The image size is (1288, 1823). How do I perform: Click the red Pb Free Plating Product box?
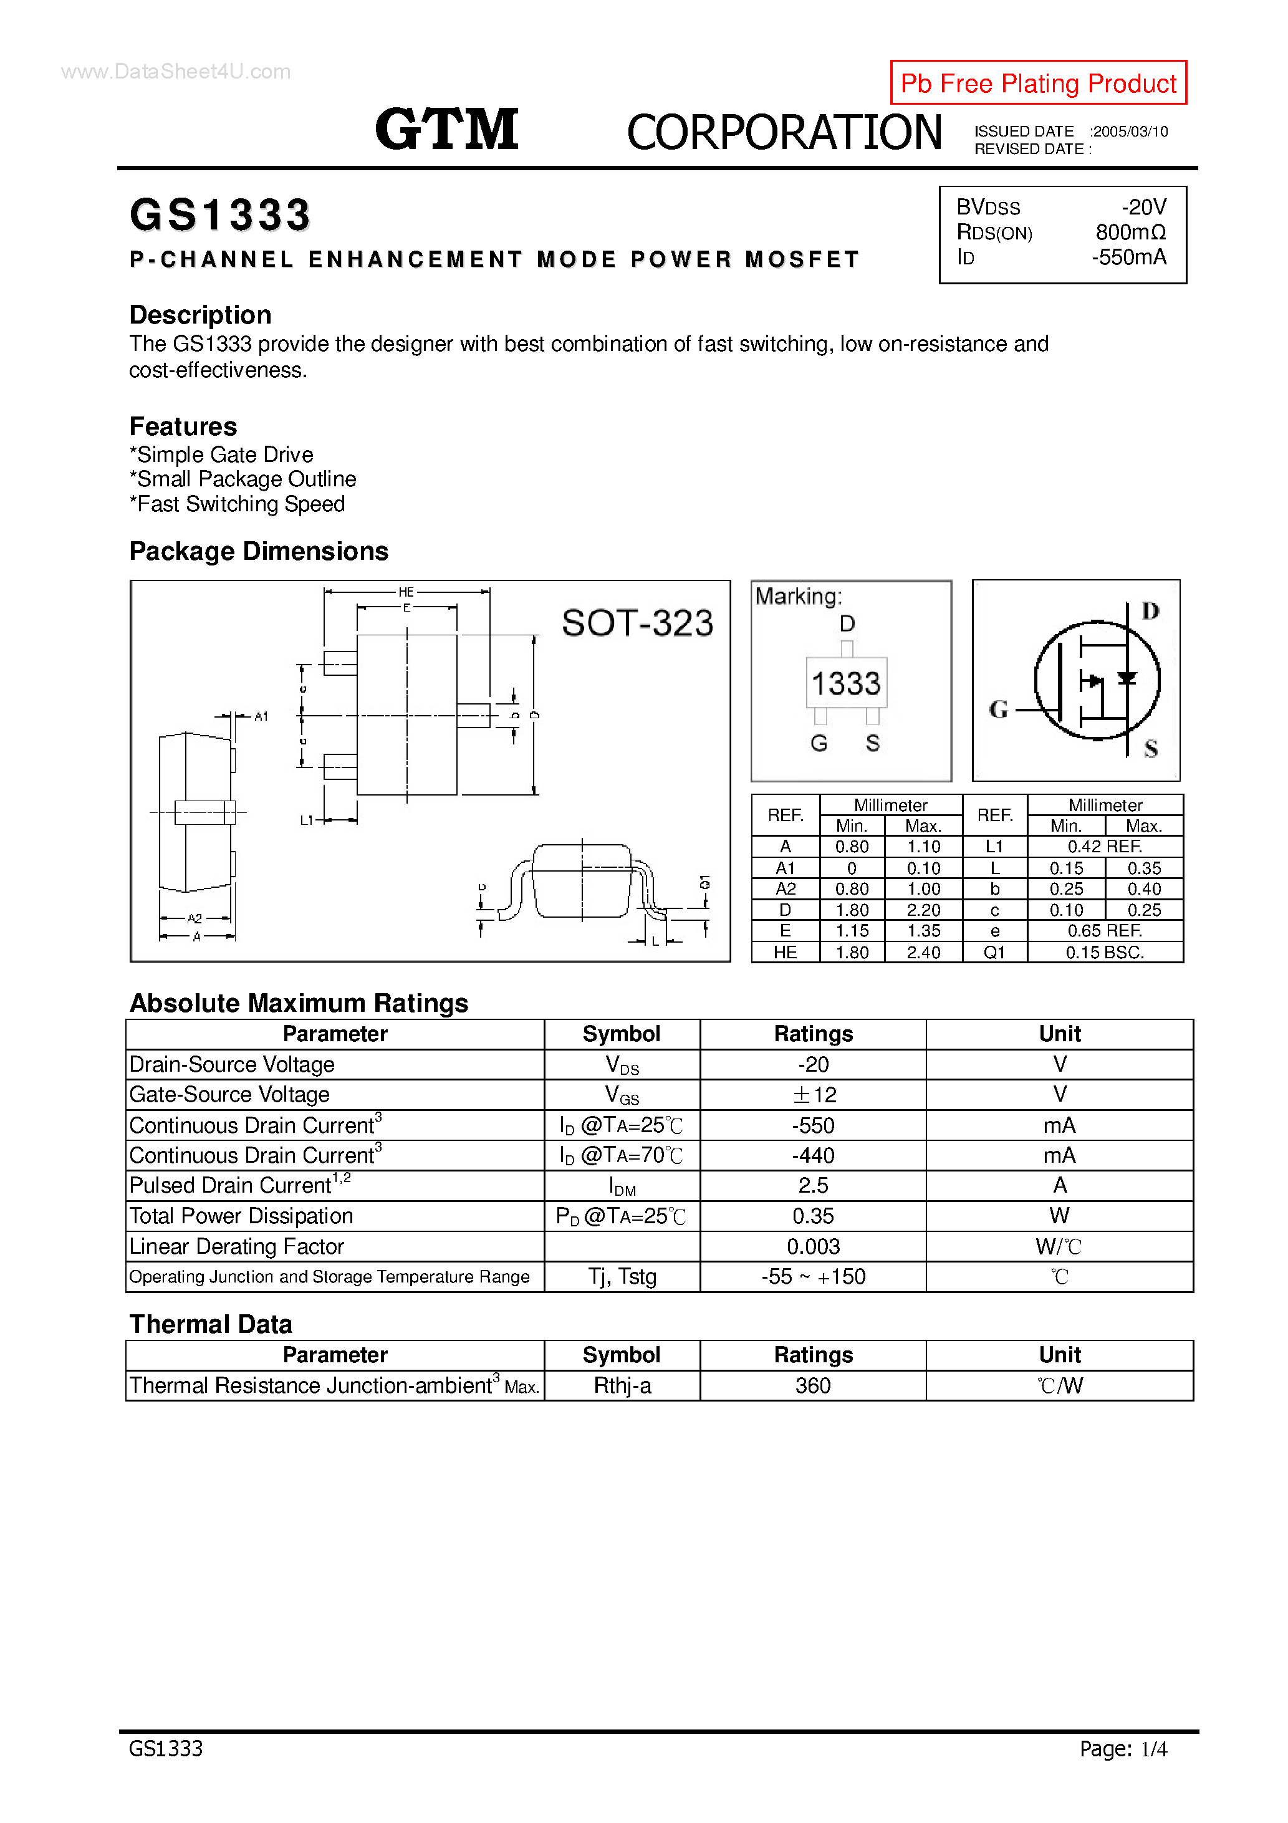(1038, 82)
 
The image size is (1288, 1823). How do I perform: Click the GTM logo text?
(446, 130)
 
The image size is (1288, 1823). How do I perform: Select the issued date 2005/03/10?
(1129, 132)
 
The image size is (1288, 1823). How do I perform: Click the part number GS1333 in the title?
(220, 215)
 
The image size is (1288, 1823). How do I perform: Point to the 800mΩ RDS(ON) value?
(1130, 233)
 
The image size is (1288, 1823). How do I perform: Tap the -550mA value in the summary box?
(1128, 257)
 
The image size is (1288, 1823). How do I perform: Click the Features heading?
(183, 426)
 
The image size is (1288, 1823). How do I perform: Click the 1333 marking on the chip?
(846, 683)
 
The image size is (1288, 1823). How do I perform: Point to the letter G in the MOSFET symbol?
(998, 709)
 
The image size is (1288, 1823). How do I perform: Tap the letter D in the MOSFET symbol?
(1150, 610)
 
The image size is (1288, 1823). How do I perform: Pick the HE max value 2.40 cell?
(923, 952)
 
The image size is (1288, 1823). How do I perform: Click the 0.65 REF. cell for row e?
(1105, 931)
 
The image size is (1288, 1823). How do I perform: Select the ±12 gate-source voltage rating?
(813, 1095)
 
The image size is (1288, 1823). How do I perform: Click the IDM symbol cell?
(622, 1186)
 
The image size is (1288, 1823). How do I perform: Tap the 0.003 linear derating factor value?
(813, 1246)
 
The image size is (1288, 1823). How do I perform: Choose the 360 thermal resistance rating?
(813, 1385)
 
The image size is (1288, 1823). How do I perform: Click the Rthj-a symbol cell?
(622, 1385)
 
